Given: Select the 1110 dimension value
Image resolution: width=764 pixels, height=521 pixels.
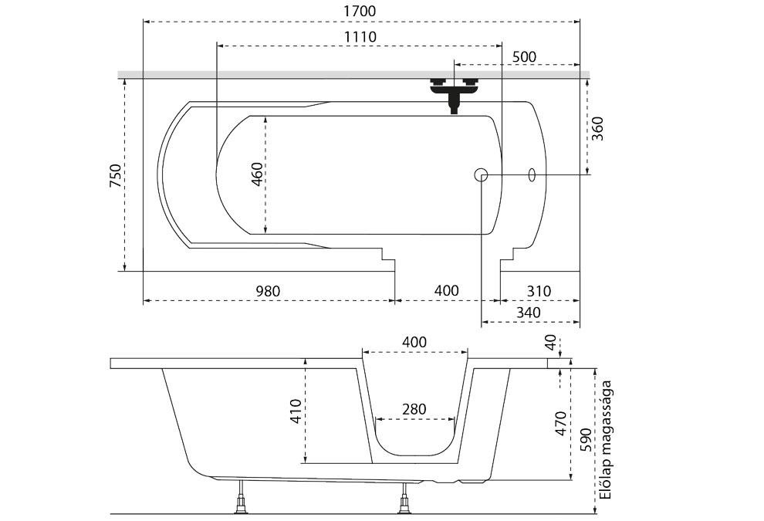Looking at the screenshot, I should click(360, 37).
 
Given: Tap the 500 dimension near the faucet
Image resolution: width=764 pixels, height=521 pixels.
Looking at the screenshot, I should click(523, 58).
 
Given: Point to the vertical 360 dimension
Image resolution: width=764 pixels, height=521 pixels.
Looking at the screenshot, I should click(597, 127).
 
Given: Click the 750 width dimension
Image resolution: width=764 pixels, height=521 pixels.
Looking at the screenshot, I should click(116, 176).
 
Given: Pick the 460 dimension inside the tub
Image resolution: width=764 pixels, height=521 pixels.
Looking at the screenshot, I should click(257, 176).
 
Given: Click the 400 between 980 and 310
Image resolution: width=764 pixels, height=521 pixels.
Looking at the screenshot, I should click(446, 291).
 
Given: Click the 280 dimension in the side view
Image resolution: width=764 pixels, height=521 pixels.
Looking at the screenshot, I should click(413, 409).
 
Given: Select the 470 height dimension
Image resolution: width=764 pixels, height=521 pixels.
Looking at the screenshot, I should click(561, 424).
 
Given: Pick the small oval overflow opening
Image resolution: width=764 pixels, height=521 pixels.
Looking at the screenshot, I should click(532, 174).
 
